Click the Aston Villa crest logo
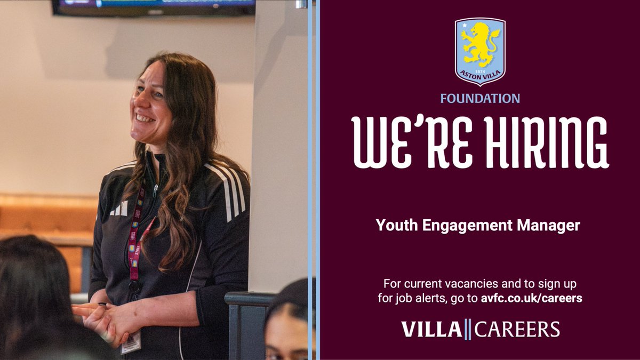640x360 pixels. [x=480, y=51]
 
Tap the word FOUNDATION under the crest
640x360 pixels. [x=480, y=99]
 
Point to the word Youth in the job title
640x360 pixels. [x=394, y=226]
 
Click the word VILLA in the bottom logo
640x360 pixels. [x=431, y=329]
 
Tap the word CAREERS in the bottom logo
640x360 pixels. [x=517, y=329]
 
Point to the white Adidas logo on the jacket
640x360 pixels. [x=119, y=209]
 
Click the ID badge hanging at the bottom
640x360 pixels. [x=131, y=341]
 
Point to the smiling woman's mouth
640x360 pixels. [x=144, y=117]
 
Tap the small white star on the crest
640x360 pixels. [x=465, y=25]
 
